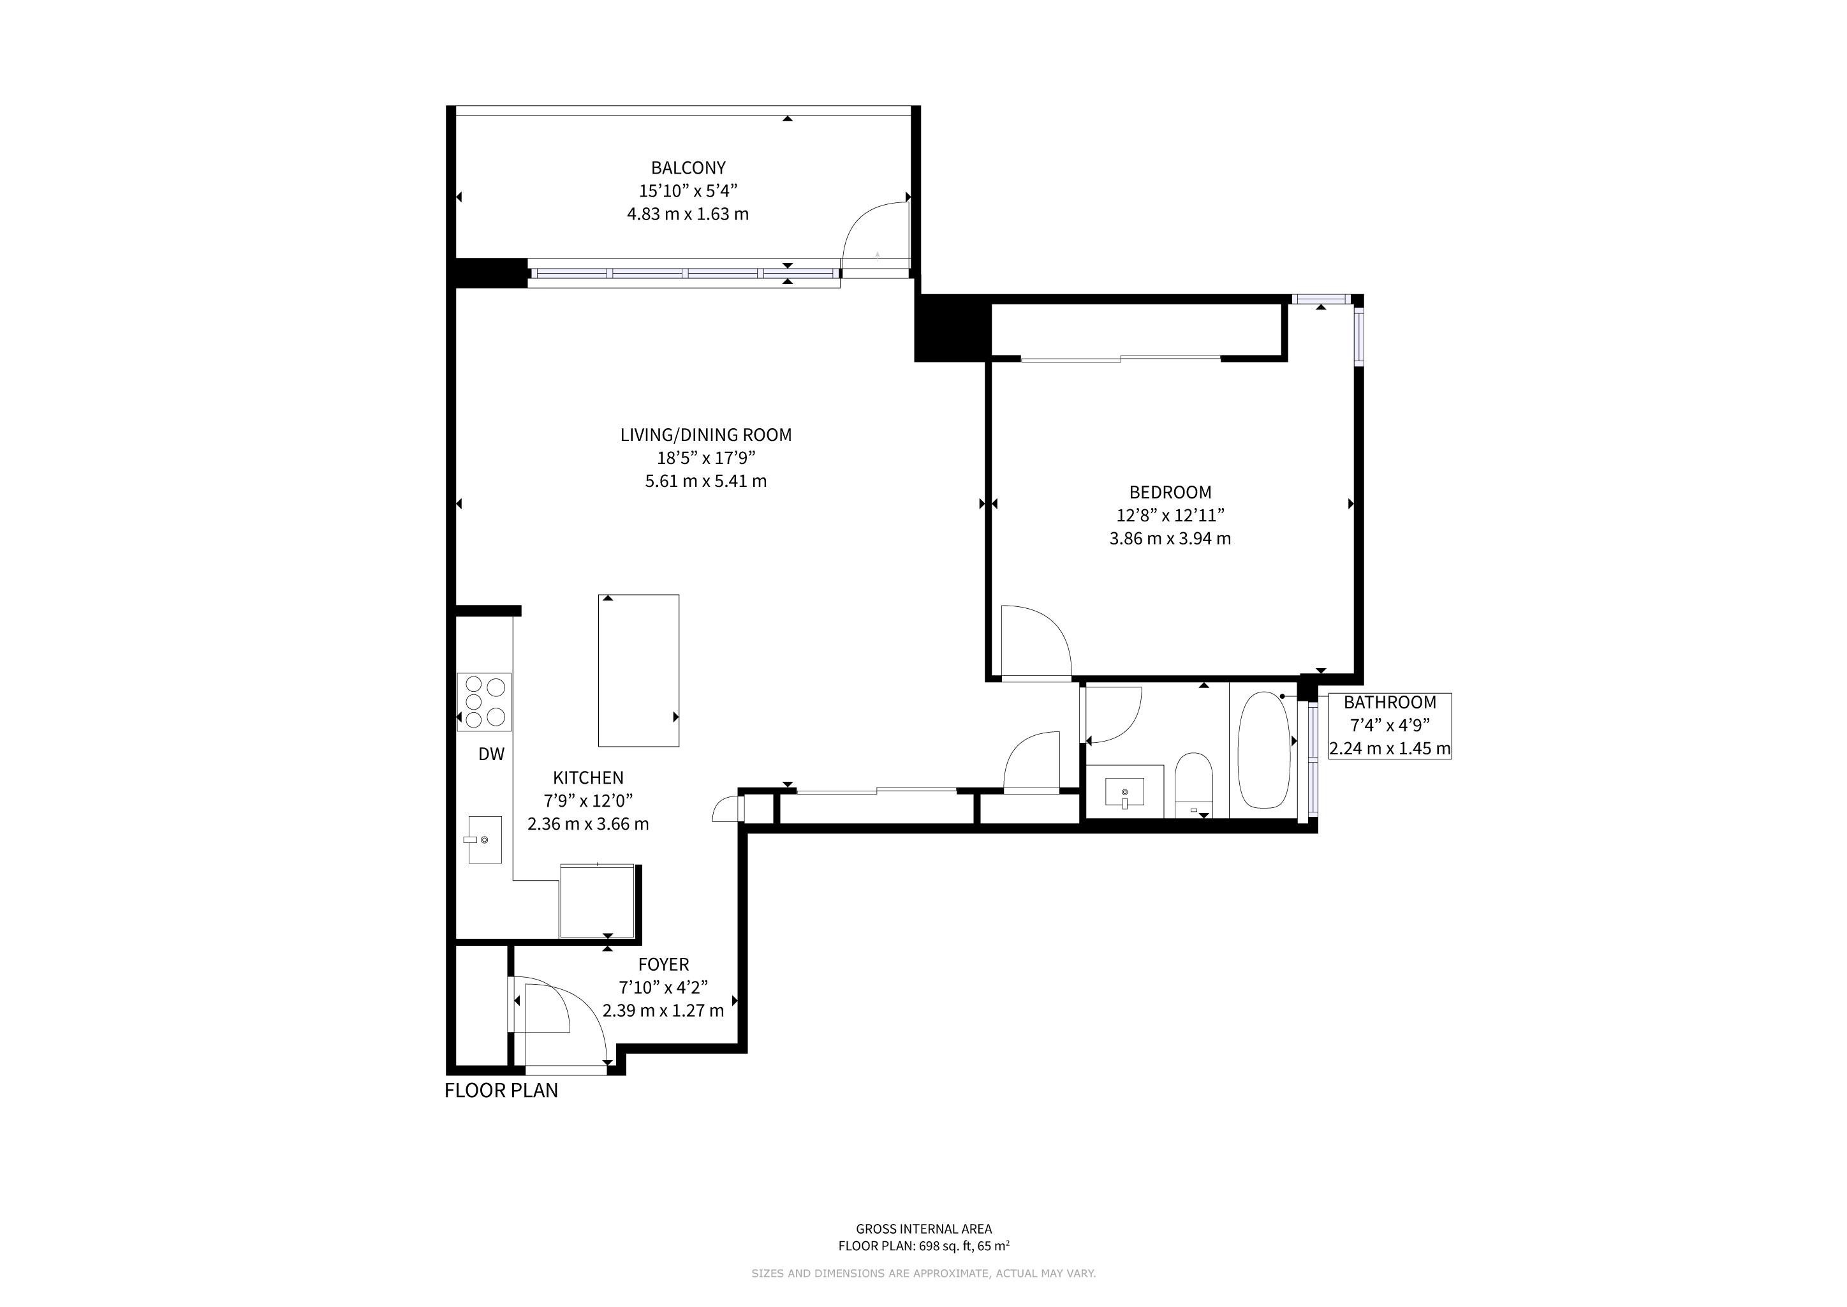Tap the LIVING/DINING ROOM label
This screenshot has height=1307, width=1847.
tap(705, 435)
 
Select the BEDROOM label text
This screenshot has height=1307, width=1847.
tap(1170, 493)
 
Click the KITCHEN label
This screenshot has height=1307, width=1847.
tap(588, 777)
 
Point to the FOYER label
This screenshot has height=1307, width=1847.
tap(664, 964)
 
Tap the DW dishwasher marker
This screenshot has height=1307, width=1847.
tap(492, 754)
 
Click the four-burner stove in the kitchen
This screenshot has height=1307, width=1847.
tap(484, 702)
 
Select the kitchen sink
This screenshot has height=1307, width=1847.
tap(485, 839)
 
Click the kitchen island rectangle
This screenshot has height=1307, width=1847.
tap(638, 670)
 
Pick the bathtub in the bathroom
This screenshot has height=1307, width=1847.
tap(1264, 750)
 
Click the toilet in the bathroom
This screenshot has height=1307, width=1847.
tap(1194, 785)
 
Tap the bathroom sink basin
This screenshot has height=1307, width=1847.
tap(1124, 792)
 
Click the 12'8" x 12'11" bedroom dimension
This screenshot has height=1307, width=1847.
tap(1170, 515)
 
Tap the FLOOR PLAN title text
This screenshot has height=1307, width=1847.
tap(501, 1091)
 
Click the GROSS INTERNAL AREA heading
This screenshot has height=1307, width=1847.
tap(923, 1229)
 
